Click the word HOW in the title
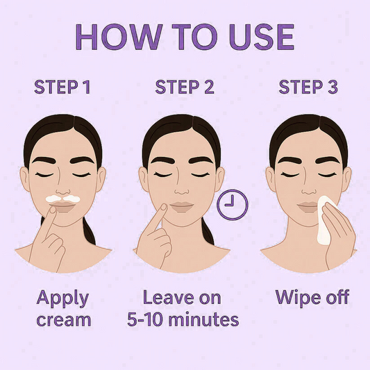(x=119, y=37)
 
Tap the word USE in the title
(x=262, y=37)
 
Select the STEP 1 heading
(x=62, y=87)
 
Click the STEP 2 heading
(x=185, y=87)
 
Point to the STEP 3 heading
(x=308, y=87)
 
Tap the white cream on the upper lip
(x=63, y=199)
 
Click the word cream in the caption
(x=64, y=320)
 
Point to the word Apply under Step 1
(x=62, y=299)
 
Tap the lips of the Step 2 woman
(x=182, y=207)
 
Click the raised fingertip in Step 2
(x=163, y=207)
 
